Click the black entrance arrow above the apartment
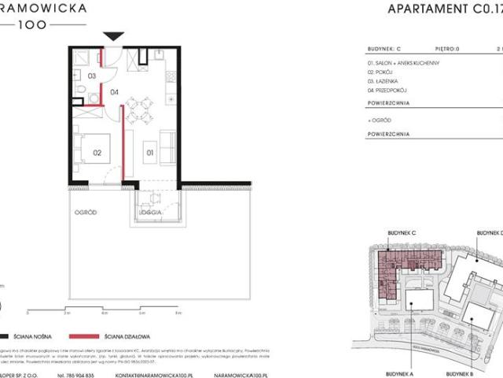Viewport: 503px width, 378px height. coord(114,36)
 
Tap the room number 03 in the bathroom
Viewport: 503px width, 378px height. coord(91,76)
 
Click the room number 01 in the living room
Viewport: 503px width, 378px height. coord(150,153)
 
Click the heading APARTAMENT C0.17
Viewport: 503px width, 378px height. coord(444,9)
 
